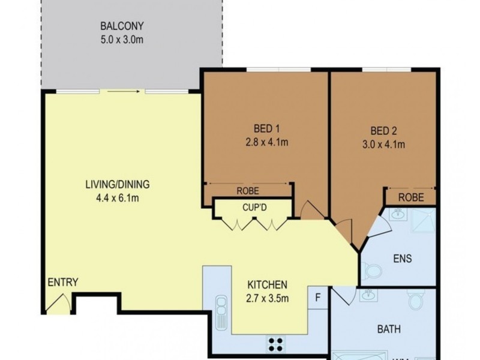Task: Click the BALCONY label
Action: [122, 26]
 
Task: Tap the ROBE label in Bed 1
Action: [247, 191]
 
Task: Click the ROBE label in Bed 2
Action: [411, 197]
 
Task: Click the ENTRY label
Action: [63, 283]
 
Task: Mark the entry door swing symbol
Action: [57, 303]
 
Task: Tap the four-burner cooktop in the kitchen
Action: [276, 344]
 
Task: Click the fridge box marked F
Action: [318, 296]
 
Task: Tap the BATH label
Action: [388, 329]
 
